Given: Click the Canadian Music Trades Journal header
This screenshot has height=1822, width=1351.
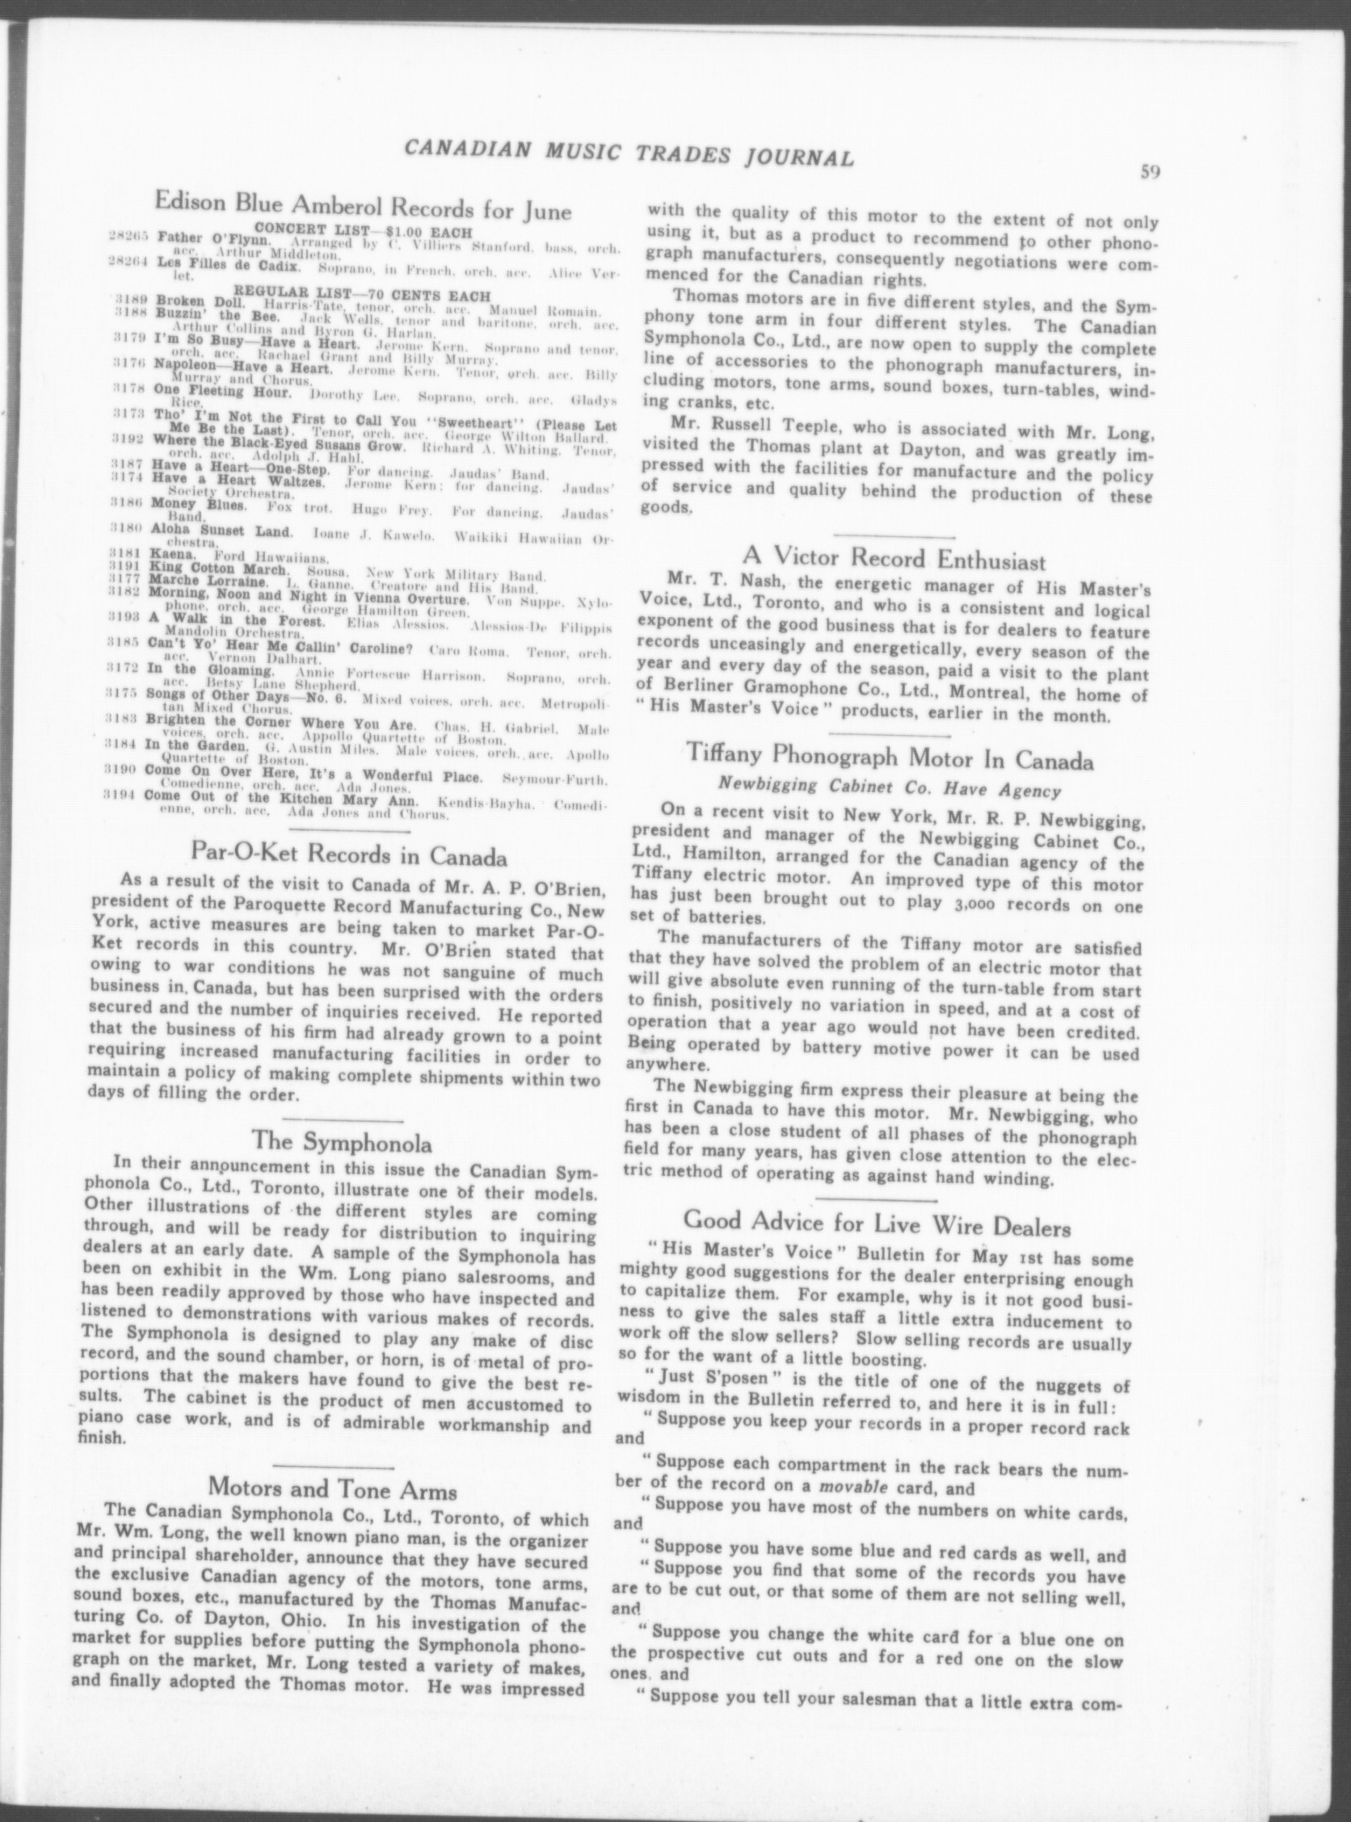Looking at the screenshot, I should (x=629, y=152).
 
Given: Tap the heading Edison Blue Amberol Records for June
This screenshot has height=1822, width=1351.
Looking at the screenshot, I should (x=363, y=206).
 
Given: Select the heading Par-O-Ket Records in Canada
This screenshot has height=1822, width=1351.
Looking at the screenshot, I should (x=348, y=856).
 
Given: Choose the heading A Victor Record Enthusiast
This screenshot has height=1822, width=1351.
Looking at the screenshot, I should (x=894, y=560).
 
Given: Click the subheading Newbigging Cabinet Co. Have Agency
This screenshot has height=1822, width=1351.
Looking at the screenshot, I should (x=889, y=791).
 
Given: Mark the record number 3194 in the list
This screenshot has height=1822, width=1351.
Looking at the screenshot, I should (x=123, y=794).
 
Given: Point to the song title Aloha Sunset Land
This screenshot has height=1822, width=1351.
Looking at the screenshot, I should (x=221, y=532).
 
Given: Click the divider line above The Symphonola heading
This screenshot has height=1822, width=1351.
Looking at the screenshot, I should (x=342, y=1118).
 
